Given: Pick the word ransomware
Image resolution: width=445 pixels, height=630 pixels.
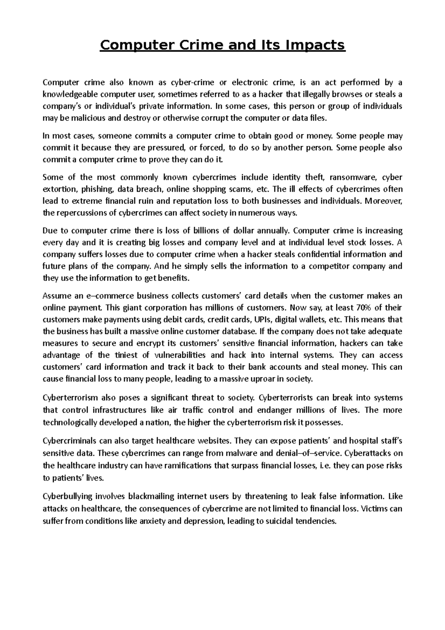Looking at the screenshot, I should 351,177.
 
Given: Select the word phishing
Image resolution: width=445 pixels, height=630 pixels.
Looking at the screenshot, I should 97,189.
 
